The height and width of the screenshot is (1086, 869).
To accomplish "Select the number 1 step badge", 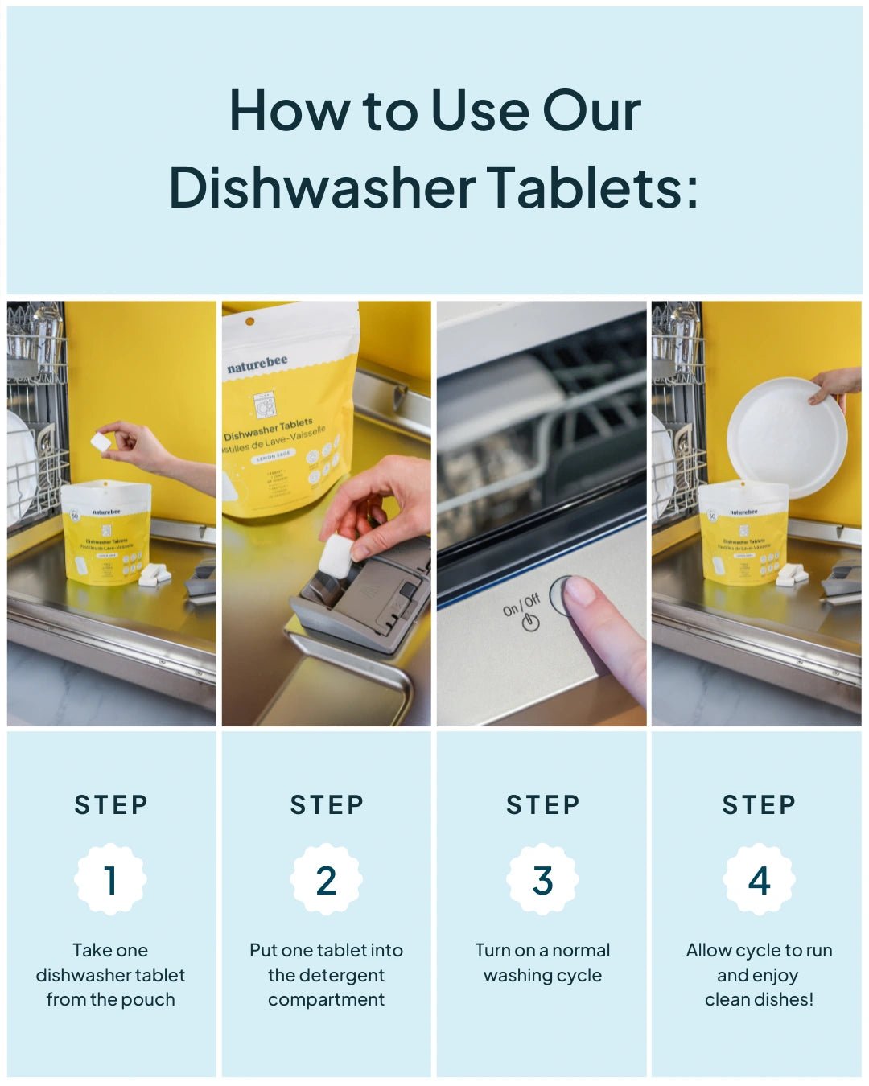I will [110, 879].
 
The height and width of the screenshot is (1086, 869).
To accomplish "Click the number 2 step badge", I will [326, 879].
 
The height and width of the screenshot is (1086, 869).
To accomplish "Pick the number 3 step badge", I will [542, 879].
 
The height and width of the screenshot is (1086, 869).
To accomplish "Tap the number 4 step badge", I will [759, 879].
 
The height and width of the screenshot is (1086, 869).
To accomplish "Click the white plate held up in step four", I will [785, 438].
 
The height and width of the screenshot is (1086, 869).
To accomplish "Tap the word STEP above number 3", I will [542, 804].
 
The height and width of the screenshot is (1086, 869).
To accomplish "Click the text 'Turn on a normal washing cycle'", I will [542, 962].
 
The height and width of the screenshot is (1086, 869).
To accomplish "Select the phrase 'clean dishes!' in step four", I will [759, 999].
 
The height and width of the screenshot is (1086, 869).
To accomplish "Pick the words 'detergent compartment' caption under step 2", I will [326, 987].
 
